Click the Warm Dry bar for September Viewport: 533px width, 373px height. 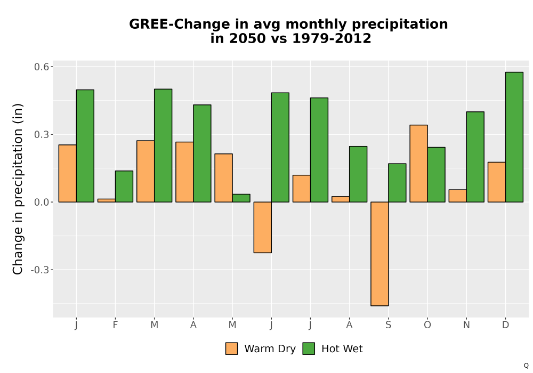click(379, 254)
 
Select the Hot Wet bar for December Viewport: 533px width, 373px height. click(514, 137)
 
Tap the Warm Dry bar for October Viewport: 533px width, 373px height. click(419, 164)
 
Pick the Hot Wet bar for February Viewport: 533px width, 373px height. click(124, 186)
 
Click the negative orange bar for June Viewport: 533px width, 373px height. click(263, 228)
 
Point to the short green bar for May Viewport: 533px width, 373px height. click(241, 198)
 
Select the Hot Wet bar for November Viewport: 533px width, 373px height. click(475, 157)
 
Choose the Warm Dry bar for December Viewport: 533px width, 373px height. click(497, 182)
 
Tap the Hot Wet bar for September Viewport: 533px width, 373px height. click(398, 183)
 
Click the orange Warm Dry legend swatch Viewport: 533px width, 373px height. click(231, 348)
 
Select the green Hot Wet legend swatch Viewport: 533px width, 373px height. click(309, 348)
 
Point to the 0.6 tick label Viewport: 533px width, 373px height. click(41, 67)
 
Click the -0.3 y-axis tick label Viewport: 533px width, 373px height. click(39, 270)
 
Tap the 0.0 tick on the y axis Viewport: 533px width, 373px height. click(41, 202)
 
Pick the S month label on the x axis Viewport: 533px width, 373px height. click(388, 325)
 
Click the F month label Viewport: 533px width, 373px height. click(115, 325)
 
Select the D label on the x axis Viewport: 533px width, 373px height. click(505, 325)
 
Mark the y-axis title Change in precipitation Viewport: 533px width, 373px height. click(18, 189)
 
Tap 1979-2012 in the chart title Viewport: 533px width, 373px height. click(332, 38)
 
